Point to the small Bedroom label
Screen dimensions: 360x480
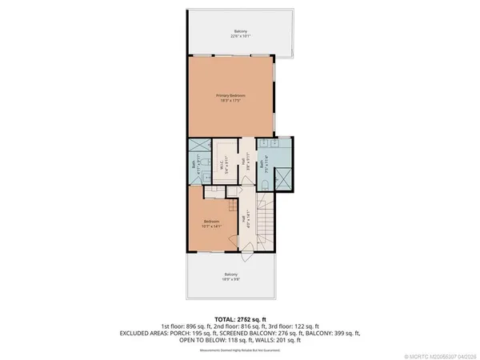(212, 221)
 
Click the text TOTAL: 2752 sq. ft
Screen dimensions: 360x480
(239, 318)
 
